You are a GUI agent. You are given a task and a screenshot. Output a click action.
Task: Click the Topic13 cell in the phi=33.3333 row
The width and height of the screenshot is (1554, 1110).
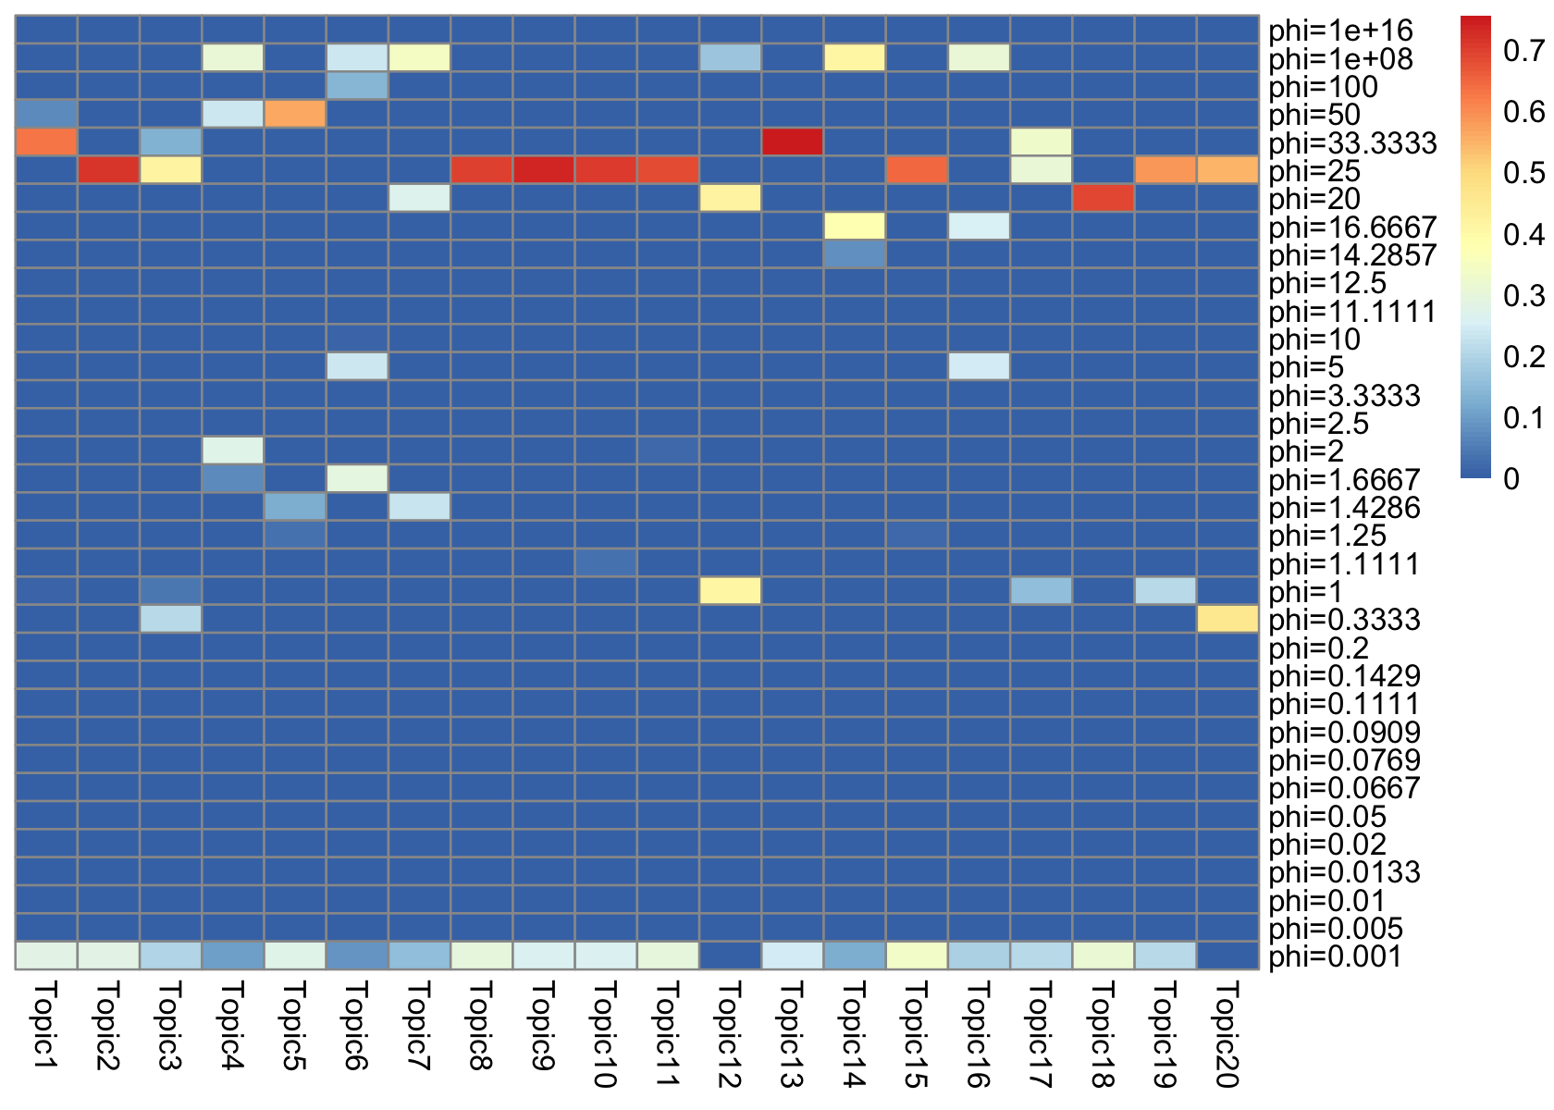point(792,142)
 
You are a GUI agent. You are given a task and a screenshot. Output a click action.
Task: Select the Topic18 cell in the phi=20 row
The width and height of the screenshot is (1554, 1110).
point(1103,198)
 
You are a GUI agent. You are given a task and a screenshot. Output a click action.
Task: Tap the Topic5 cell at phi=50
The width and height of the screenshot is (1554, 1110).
point(295,115)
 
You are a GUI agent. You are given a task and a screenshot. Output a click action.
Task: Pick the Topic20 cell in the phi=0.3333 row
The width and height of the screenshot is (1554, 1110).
point(1227,619)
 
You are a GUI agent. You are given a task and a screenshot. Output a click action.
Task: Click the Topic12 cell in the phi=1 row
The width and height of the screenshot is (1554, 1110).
point(730,591)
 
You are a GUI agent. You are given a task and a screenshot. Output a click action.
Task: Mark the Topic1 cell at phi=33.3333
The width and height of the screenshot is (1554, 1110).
point(46,142)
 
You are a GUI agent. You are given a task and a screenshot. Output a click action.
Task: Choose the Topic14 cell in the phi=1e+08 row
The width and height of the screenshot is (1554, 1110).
point(854,58)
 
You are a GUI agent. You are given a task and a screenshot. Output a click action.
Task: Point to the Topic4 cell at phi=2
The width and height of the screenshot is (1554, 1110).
point(233,450)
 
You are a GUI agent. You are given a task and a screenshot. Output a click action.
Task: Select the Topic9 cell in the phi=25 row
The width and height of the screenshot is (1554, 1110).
point(543,170)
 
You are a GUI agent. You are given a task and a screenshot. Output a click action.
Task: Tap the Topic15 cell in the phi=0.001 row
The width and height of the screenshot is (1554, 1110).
point(917,956)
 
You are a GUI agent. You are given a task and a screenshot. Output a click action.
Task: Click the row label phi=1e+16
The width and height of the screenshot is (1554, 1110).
point(1340,31)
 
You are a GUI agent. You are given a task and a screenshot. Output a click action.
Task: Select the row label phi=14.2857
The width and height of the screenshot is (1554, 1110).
point(1352,255)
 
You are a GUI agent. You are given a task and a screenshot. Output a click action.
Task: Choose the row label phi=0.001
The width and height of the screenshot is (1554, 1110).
point(1335,956)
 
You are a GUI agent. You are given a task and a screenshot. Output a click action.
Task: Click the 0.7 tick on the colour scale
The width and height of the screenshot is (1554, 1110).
point(1523,51)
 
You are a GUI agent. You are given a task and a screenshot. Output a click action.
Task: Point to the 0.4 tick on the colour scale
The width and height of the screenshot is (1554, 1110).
point(1523,234)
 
